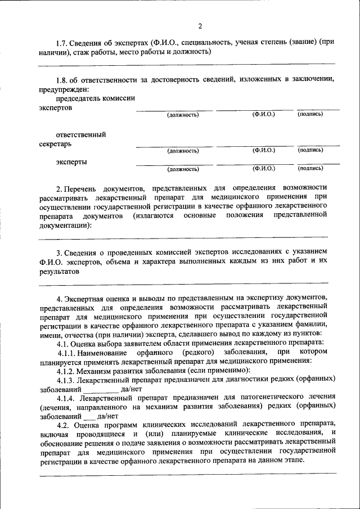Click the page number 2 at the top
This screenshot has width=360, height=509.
[x=200, y=26]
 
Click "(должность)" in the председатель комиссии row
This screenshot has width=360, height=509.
[x=183, y=115]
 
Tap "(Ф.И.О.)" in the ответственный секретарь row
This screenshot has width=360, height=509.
[x=263, y=150]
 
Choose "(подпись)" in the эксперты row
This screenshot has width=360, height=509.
[x=310, y=168]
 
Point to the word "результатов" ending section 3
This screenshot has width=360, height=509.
[x=60, y=271]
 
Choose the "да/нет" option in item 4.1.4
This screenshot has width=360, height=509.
[x=107, y=417]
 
